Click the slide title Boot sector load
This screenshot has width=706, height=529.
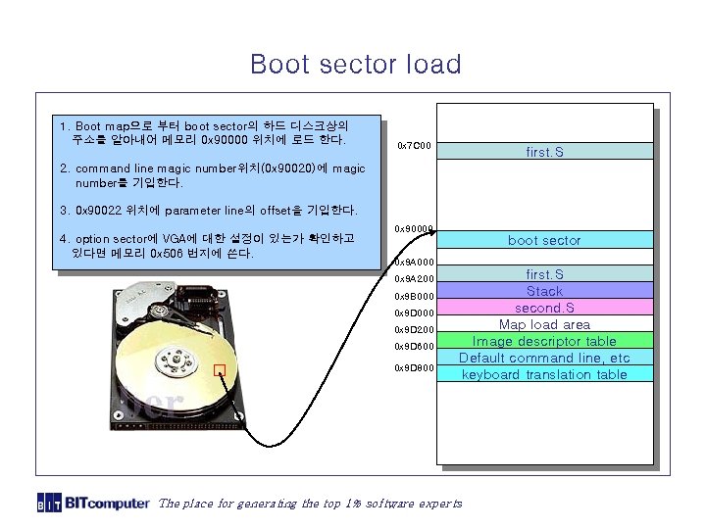point(355,65)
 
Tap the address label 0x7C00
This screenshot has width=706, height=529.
point(415,146)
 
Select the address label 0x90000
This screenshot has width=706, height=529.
point(414,229)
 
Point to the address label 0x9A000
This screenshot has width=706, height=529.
point(414,263)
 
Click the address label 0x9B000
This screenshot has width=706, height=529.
point(414,296)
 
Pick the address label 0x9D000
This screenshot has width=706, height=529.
point(414,313)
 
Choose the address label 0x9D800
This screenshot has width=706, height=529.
point(414,368)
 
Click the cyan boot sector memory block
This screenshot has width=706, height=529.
point(544,240)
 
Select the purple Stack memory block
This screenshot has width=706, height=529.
point(544,291)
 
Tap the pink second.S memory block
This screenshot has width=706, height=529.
point(544,308)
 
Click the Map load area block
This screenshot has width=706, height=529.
point(544,324)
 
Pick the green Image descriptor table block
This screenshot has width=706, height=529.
point(544,341)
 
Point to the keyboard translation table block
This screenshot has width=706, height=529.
point(544,374)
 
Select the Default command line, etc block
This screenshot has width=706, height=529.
point(544,358)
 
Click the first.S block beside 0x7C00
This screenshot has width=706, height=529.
point(544,152)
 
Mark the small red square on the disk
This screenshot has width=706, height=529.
point(220,370)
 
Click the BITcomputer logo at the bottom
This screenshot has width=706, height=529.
point(93,503)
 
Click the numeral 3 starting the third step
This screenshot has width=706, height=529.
point(63,210)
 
